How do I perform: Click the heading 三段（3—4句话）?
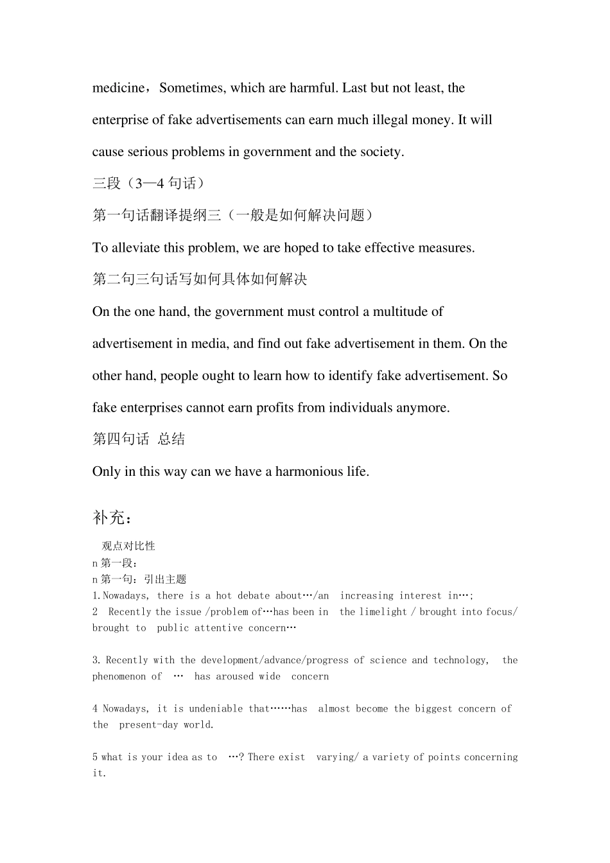148,184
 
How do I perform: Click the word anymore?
423,408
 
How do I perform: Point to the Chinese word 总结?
171,439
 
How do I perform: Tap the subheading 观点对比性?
128,546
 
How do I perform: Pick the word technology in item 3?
460,660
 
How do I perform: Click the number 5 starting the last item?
95,757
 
